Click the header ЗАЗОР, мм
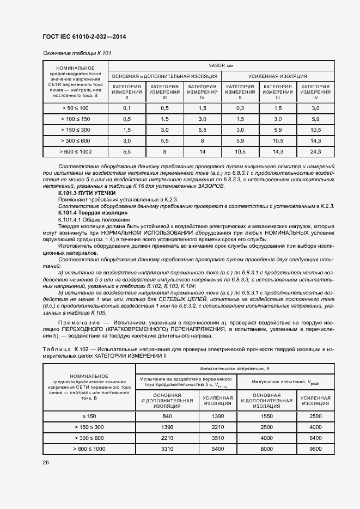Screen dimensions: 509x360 [221, 65]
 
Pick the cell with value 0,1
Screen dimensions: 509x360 [127, 108]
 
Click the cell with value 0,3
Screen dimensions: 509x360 [240, 108]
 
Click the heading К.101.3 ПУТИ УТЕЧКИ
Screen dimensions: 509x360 [87, 193]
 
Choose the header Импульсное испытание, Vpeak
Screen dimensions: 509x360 [285, 382]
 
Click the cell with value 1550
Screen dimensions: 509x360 [266, 416]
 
